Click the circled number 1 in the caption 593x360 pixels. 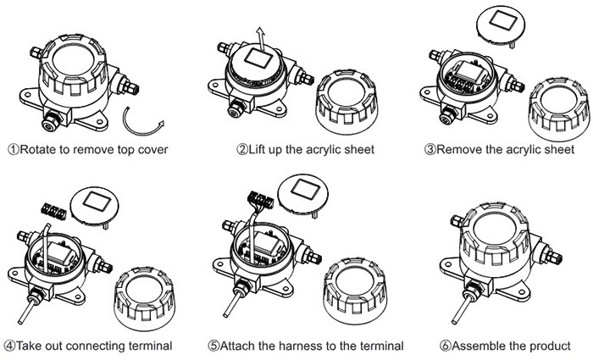tap(13, 151)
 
